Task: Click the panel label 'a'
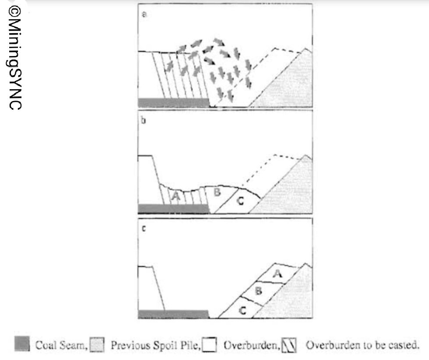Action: pos(144,14)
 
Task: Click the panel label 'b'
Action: pos(144,120)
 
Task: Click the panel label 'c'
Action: pos(144,228)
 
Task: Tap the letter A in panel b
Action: pos(176,196)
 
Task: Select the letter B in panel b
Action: pos(217,192)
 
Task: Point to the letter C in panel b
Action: pos(240,201)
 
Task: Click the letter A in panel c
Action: pos(278,273)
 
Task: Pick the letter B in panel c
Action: pos(259,291)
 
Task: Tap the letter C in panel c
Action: pos(243,310)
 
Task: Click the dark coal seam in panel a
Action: pos(174,102)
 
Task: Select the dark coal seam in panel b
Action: pos(174,209)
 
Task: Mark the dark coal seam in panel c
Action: pos(173,314)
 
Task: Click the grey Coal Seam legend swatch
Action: pos(22,344)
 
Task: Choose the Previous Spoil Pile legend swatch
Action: pos(97,345)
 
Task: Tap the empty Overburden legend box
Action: pos(209,344)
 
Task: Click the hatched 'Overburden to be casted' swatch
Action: pos(289,345)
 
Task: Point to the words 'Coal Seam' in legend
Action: pos(61,345)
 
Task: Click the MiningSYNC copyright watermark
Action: pos(15,57)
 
